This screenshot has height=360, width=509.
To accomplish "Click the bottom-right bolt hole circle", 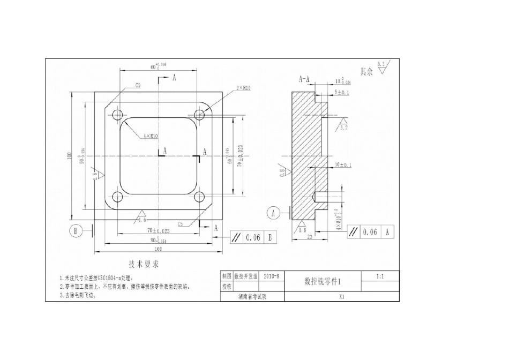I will coord(200,196).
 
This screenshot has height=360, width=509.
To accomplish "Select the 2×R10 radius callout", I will coord(242,88).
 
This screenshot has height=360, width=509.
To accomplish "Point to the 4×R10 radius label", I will coord(150,137).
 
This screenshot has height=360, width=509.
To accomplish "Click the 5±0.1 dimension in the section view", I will coord(342,93).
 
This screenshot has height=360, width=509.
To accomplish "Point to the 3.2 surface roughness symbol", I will coord(343,127).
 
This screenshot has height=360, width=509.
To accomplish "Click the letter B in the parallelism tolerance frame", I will coord(270,237).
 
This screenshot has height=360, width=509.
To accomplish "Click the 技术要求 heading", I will coord(144,265).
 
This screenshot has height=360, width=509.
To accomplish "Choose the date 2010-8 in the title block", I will coord(272,276).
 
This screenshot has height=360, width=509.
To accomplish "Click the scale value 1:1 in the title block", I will coord(379,276).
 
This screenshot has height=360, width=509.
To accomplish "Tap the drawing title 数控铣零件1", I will coord(322,281).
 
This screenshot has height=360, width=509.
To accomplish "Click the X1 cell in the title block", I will coord(341,296).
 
